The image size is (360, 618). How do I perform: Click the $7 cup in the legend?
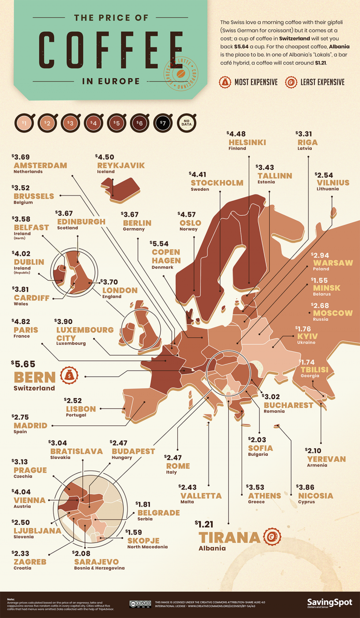(x=162, y=124)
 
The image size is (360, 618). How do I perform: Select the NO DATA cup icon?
(x=186, y=124)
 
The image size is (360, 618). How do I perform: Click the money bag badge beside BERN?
(x=69, y=375)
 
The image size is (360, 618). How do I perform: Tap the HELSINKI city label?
(x=247, y=142)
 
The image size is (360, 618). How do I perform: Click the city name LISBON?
(x=81, y=409)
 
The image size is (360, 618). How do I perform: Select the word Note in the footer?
(x=11, y=599)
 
